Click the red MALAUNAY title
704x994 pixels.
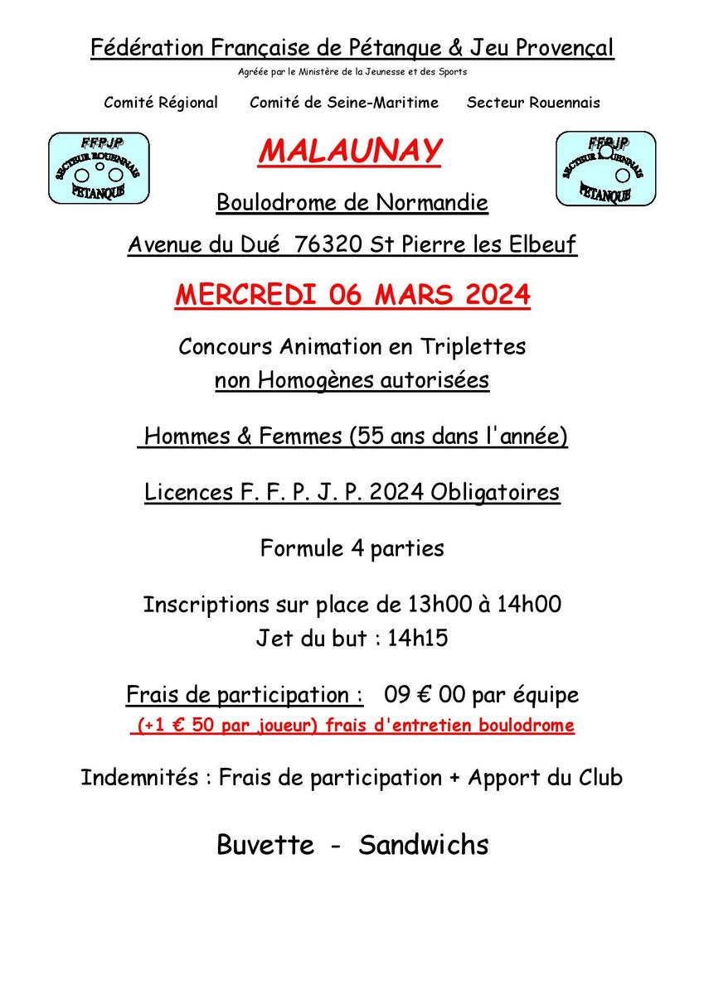350,152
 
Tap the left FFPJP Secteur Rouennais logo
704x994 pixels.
99,168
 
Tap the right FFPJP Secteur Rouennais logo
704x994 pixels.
605,168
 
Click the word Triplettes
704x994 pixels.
473,346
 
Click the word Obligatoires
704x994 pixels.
495,492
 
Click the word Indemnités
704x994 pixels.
139,778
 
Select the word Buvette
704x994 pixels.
265,845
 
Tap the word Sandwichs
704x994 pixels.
423,845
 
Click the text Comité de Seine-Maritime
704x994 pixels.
343,103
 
